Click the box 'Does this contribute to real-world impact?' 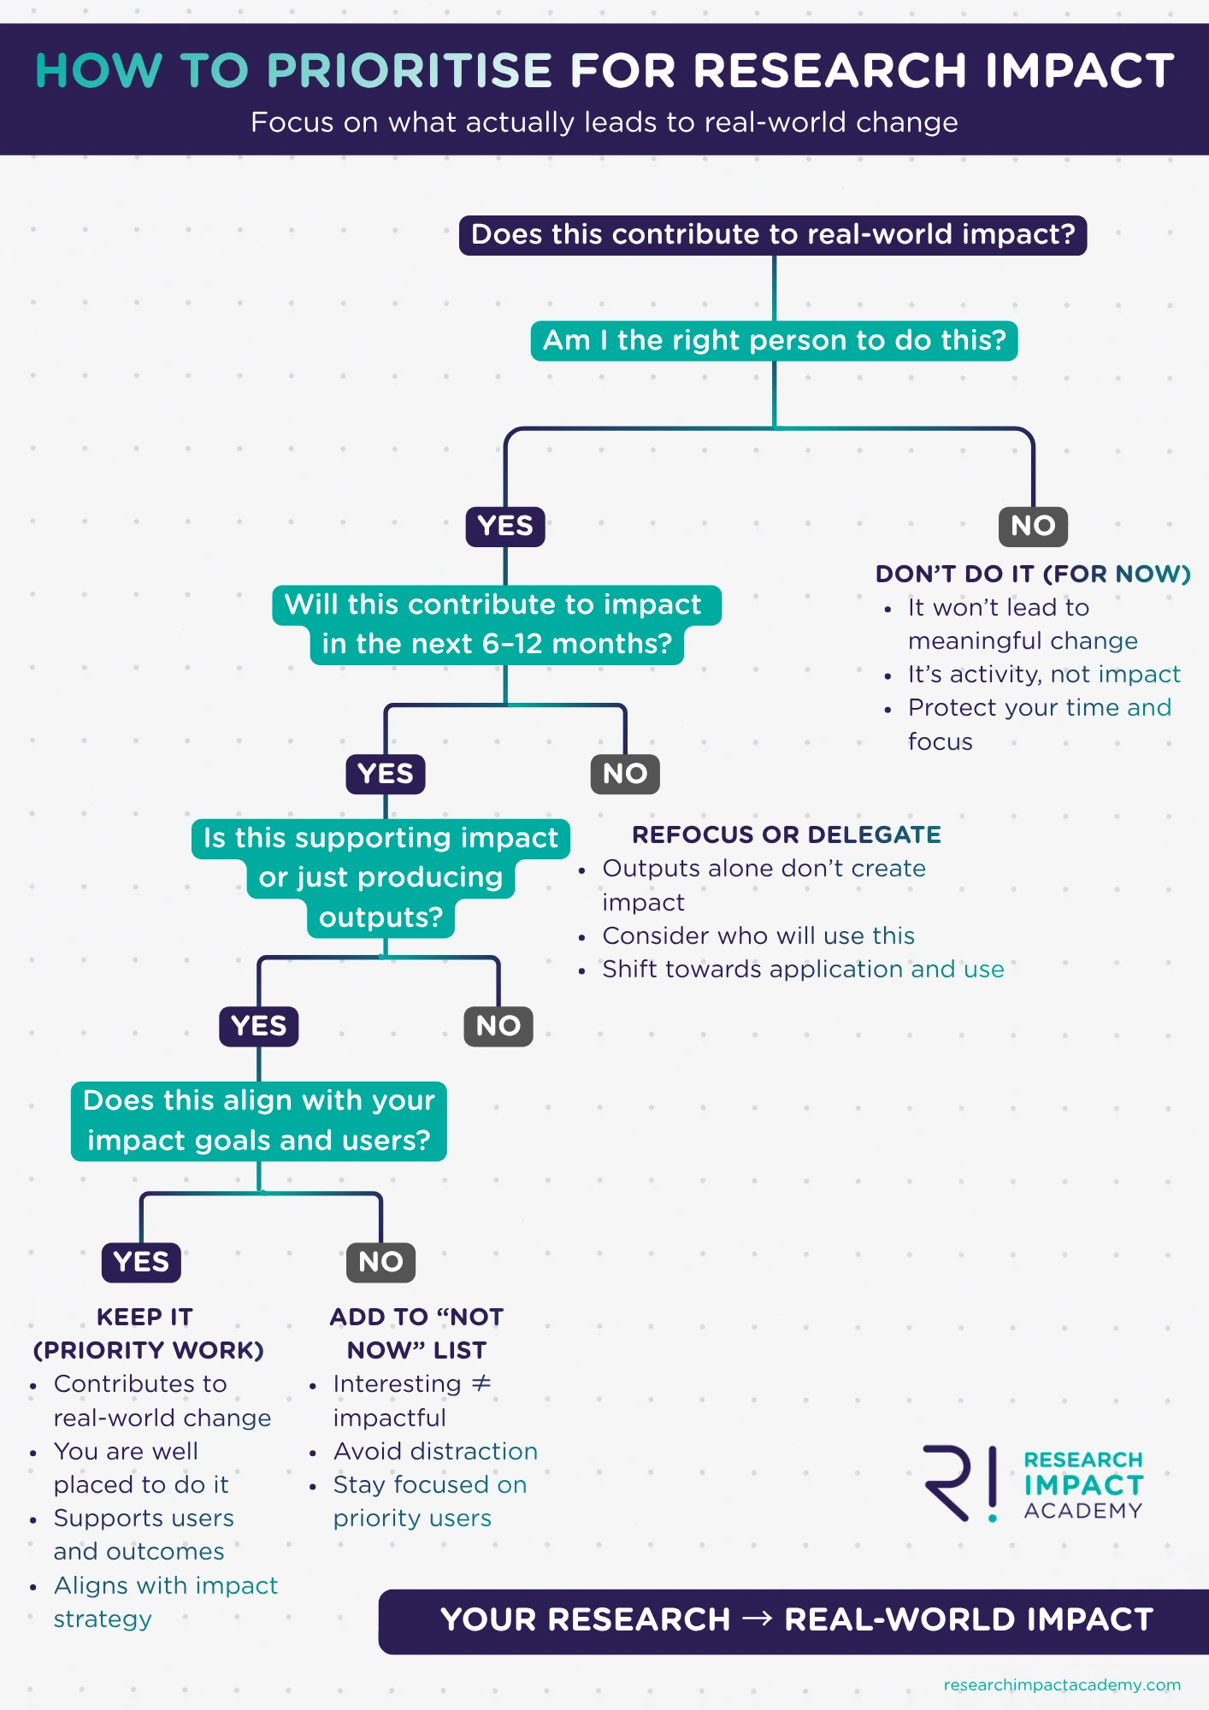tap(773, 235)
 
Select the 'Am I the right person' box tap(774, 340)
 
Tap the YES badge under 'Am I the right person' tap(505, 526)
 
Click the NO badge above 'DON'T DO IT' tap(1033, 526)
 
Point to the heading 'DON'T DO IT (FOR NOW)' tap(1033, 574)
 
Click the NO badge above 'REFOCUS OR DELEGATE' tap(625, 774)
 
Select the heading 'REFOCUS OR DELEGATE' tap(787, 834)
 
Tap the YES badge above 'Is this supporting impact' tap(386, 774)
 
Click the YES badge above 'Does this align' tap(259, 1026)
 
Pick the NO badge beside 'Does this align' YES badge tap(498, 1026)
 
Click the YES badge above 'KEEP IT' tap(141, 1262)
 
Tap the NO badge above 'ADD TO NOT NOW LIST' tap(380, 1262)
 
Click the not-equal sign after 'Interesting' tap(481, 1383)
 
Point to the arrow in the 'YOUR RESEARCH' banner tap(758, 1619)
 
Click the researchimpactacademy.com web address tap(1062, 1684)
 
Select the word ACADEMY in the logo tap(1083, 1511)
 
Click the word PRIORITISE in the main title tap(410, 70)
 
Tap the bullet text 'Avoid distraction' tap(435, 1451)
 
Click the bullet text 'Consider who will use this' tap(758, 935)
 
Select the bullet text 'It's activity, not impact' tap(1044, 675)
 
